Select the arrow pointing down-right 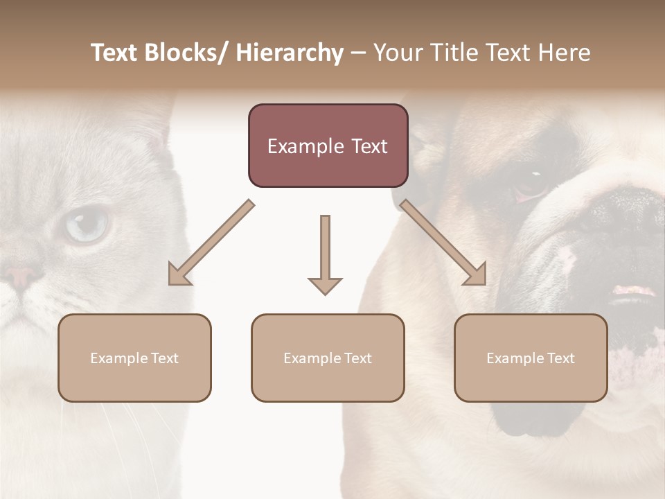(x=444, y=243)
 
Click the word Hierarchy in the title (x=290, y=53)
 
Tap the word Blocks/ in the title (x=186, y=53)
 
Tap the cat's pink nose (x=21, y=275)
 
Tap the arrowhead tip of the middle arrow (x=325, y=293)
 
